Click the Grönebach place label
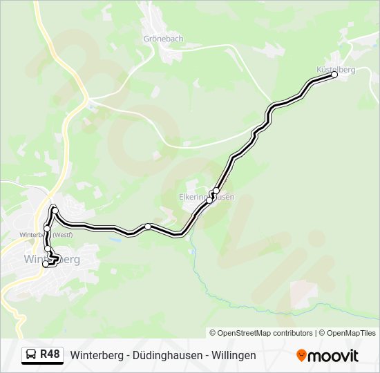coord(163,39)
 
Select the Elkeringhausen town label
coord(207,197)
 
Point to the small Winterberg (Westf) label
coord(46,234)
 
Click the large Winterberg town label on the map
coord(52,260)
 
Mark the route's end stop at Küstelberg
coord(336,75)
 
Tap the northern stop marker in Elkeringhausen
coord(216,191)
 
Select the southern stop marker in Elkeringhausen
coord(209,200)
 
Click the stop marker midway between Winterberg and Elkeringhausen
coord(147,227)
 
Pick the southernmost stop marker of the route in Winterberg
coord(46,264)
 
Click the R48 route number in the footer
coord(50,354)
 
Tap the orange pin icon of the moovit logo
coord(301,355)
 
